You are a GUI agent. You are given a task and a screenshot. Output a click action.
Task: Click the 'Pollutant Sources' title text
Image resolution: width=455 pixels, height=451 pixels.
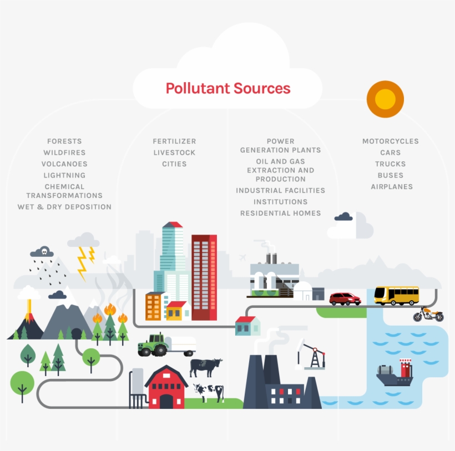pos(228,88)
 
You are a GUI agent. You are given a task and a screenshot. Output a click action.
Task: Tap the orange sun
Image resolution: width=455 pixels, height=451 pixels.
pos(385,99)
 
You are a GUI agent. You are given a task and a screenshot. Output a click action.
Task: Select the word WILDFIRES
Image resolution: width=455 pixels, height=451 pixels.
pos(64,153)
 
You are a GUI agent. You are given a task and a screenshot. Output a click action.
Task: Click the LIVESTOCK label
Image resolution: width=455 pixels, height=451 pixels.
pos(174,153)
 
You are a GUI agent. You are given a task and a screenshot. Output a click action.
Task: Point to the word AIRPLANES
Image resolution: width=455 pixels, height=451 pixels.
pos(392,187)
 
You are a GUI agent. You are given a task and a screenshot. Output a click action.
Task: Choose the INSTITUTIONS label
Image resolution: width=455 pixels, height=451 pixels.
pos(280,202)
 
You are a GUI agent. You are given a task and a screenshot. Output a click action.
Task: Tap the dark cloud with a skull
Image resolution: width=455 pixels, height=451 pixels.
pos(42,252)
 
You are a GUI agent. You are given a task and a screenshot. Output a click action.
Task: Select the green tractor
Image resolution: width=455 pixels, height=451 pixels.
pos(153,345)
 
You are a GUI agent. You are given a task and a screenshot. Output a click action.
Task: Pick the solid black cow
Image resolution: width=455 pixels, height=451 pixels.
pos(205,367)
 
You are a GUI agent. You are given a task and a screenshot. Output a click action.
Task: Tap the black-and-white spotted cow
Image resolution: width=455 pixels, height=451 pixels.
pos(209,392)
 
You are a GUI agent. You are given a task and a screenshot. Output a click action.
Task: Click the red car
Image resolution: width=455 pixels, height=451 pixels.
pos(345,299)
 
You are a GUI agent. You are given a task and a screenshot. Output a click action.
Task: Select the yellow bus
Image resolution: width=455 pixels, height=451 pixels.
pos(396,295)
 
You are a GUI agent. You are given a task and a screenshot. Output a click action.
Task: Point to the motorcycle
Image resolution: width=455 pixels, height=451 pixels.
pos(428,315)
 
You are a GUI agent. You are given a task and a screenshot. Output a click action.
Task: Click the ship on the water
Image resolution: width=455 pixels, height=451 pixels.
pos(395,374)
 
